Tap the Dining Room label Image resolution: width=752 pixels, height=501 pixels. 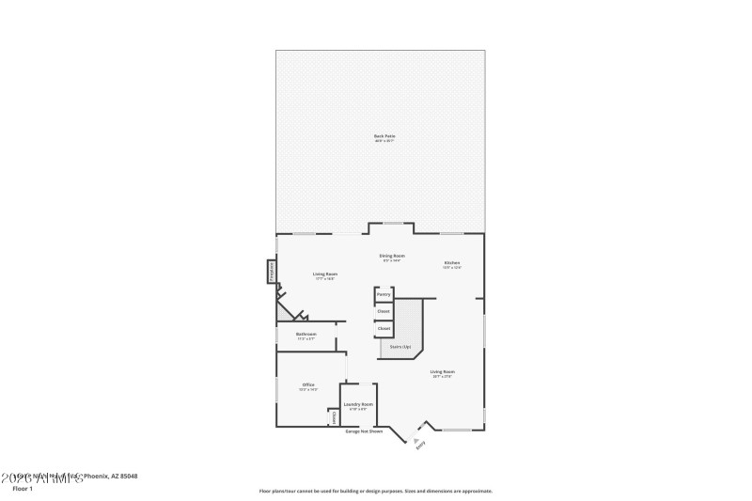pos(392,256)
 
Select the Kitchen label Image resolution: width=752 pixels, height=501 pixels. pos(452,262)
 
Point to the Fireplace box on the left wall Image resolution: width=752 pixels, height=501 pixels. pos(272,272)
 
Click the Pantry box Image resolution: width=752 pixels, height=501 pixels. pos(384,294)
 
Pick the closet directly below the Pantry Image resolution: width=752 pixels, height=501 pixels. pos(384,311)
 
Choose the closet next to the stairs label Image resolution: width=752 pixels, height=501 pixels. pos(384,328)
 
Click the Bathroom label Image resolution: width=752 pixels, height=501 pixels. pos(306,334)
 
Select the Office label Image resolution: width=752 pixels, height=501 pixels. pos(307,384)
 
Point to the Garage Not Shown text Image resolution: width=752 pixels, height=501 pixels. pos(365,431)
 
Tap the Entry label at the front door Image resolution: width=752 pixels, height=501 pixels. pos(420,445)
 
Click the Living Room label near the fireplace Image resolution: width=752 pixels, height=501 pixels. pos(325,274)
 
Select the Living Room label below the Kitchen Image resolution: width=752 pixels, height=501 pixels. pos(443,371)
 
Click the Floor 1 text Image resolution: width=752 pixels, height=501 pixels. pos(22,489)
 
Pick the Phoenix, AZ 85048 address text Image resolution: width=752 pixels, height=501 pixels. pos(112,477)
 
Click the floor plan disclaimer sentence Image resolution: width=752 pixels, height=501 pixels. pos(376,491)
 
